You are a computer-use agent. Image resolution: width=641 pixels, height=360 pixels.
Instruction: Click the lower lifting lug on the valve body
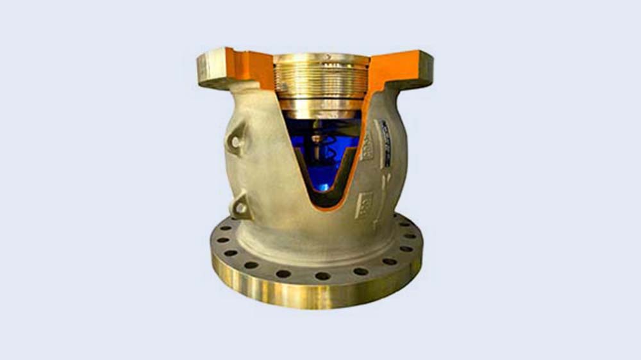point(241,206)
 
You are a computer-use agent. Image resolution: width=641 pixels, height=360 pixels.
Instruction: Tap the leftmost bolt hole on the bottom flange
point(220,240)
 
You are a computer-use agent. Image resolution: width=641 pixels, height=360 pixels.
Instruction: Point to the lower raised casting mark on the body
point(365,205)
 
